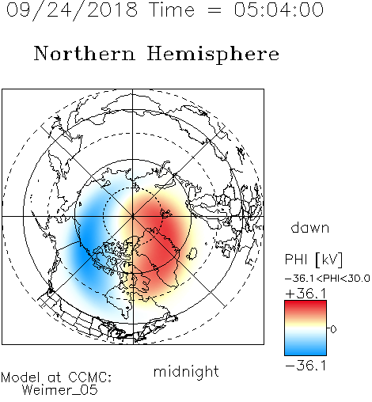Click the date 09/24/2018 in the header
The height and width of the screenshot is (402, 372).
pos(72,10)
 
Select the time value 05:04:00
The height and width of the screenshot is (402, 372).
pos(279,9)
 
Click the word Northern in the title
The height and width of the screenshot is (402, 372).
pos(84,54)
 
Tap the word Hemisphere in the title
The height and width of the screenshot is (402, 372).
pos(213,55)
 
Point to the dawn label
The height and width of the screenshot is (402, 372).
pos(310,228)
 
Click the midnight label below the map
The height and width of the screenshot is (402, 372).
pos(186,371)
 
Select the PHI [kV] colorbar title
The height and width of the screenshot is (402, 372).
pos(313,260)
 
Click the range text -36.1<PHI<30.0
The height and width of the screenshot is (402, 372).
pos(328,279)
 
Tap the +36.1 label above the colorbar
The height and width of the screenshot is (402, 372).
pos(306,294)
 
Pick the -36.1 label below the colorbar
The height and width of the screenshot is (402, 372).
pos(306,366)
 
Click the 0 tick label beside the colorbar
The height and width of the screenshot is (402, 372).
pos(333,329)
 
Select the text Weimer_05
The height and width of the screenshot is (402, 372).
pos(60,390)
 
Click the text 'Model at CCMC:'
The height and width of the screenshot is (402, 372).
pos(56,377)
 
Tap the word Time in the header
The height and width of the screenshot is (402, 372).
pos(172,10)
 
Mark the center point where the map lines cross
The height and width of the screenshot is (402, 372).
pos(133,217)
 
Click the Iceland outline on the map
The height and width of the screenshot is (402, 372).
pos(192,253)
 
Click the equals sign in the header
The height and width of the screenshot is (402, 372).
pos(214,10)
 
